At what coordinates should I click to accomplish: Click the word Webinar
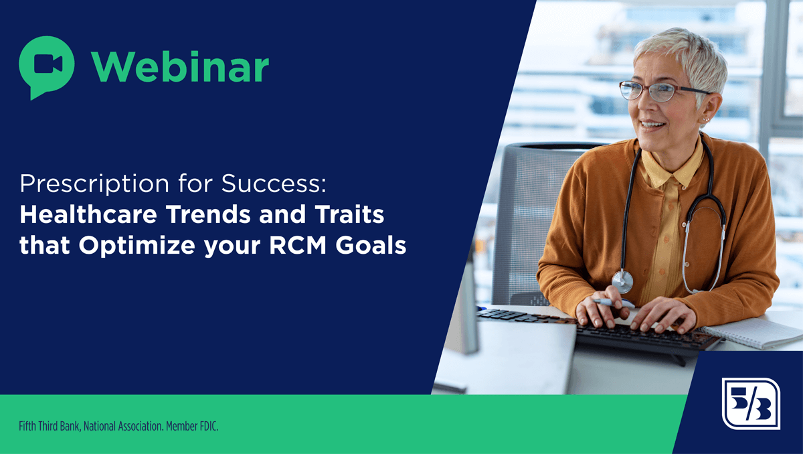click(180, 67)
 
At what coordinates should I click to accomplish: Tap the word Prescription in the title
click(94, 185)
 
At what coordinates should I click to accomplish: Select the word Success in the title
click(274, 183)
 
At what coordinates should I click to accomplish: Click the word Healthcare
click(88, 214)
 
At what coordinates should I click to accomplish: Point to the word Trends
click(209, 214)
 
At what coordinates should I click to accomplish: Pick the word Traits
click(349, 214)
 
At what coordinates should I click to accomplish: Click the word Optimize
click(137, 246)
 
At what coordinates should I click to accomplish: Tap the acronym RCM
click(298, 245)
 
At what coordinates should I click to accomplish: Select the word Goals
click(371, 245)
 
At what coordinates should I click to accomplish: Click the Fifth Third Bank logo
click(751, 403)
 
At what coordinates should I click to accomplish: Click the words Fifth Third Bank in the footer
click(50, 427)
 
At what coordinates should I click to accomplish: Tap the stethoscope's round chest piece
click(622, 281)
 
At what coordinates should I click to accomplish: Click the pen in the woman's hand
click(614, 303)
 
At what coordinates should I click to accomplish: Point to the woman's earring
click(705, 119)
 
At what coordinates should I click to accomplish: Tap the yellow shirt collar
click(670, 165)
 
